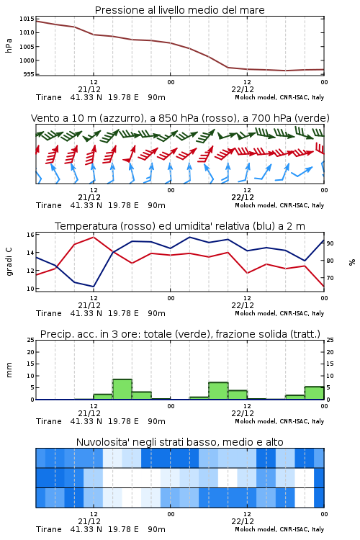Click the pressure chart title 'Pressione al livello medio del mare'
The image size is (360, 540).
pyautogui.click(x=179, y=10)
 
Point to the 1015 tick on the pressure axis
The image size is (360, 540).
pyautogui.click(x=27, y=19)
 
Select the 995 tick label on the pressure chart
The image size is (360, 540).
pyautogui.click(x=29, y=74)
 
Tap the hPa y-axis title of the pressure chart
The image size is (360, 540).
pyautogui.click(x=9, y=45)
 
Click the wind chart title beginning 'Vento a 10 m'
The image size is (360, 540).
pyautogui.click(x=180, y=118)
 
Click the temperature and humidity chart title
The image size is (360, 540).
pyautogui.click(x=180, y=226)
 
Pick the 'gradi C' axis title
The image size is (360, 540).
pyautogui.click(x=9, y=262)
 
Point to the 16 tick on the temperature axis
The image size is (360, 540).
pyautogui.click(x=30, y=235)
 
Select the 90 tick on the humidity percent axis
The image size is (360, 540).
pyautogui.click(x=330, y=243)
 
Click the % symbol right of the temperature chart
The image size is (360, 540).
pyautogui.click(x=352, y=262)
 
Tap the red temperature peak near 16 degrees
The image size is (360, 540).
pyautogui.click(x=94, y=237)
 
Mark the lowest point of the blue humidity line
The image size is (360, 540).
pyautogui.click(x=94, y=287)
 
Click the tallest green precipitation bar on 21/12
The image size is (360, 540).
pyautogui.click(x=122, y=390)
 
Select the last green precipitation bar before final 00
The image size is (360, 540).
pyautogui.click(x=314, y=393)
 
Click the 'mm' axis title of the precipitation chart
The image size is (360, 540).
pyautogui.click(x=9, y=369)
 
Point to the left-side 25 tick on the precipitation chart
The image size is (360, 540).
pyautogui.click(x=31, y=341)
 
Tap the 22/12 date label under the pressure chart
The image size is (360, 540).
pyautogui.click(x=243, y=89)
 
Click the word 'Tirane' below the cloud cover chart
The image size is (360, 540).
pyautogui.click(x=48, y=529)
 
